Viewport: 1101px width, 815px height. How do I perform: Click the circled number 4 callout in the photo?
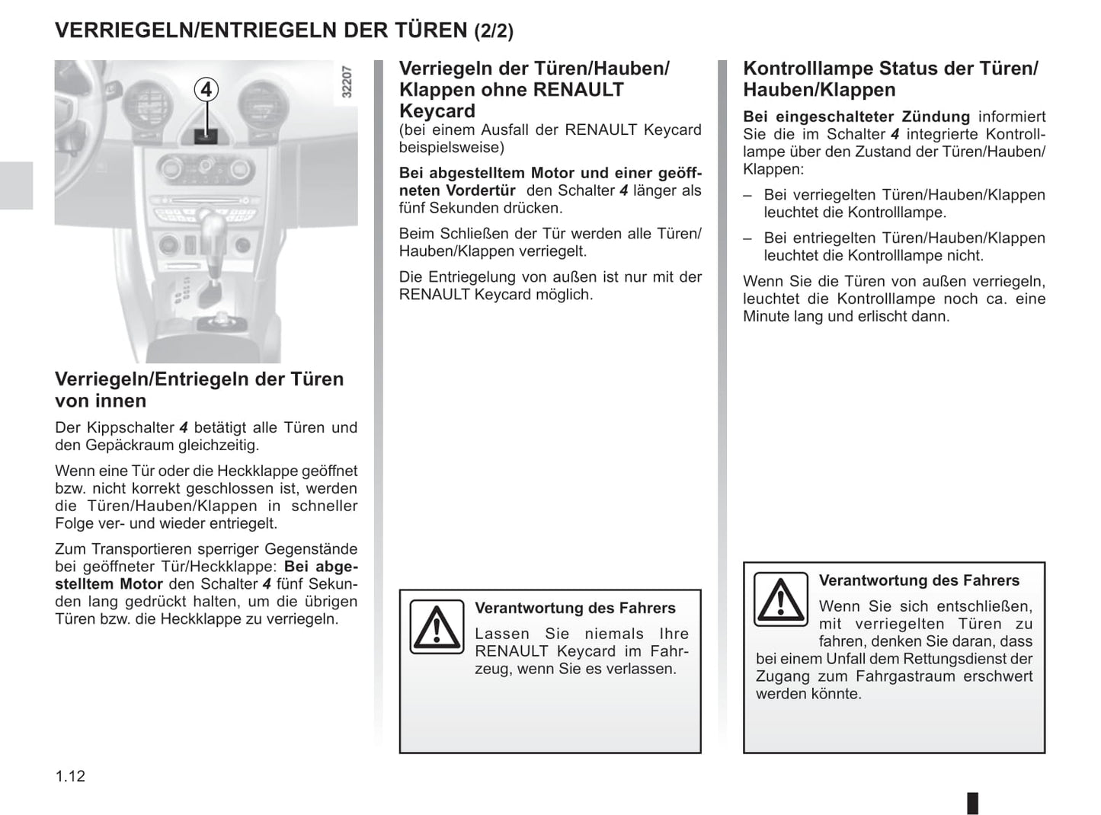click(206, 90)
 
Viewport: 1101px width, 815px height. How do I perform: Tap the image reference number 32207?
click(347, 82)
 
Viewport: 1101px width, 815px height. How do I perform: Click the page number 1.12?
click(70, 776)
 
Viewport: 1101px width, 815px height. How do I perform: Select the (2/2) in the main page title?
click(494, 31)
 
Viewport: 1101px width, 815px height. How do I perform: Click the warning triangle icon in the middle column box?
click(436, 627)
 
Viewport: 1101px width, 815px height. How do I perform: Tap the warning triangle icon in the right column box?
click(780, 599)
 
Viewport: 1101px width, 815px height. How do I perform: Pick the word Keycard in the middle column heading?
click(437, 111)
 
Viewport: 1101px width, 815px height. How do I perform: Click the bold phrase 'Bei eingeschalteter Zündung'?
click(856, 117)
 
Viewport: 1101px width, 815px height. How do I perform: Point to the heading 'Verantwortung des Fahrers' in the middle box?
click(575, 608)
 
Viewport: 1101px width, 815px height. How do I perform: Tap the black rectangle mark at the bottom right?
click(972, 803)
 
